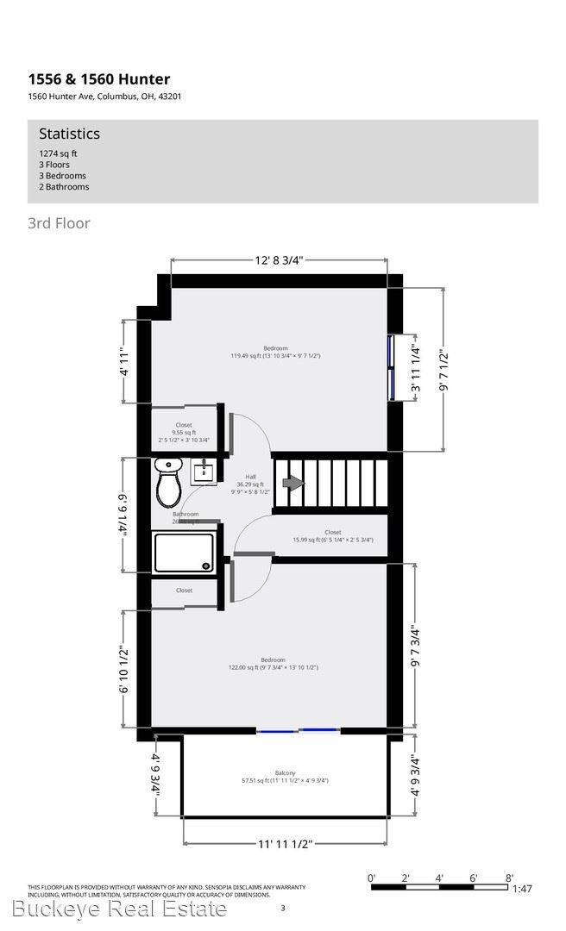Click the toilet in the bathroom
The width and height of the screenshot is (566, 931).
[168, 484]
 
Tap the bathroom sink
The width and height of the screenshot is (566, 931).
[204, 471]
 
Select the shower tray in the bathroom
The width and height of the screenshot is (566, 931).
[183, 552]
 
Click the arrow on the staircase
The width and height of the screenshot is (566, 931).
[294, 484]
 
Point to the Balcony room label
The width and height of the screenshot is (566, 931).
[285, 773]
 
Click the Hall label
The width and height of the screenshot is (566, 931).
[250, 477]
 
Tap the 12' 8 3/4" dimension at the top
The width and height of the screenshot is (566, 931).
[280, 259]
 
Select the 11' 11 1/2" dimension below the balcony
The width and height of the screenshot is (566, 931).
[285, 844]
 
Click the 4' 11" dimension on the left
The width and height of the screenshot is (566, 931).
[125, 361]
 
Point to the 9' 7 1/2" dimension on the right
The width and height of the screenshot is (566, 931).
[444, 371]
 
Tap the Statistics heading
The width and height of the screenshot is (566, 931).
[69, 134]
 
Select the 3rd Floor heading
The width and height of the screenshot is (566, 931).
[59, 223]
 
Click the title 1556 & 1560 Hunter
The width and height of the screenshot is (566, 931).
[98, 79]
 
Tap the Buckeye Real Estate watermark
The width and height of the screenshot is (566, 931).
[120, 909]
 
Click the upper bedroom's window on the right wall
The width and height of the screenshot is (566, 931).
[391, 366]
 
